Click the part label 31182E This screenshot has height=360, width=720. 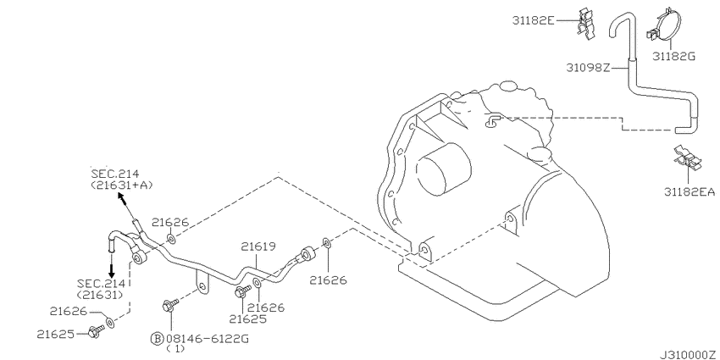534,20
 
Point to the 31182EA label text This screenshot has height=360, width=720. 690,192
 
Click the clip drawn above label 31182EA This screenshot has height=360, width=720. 688,159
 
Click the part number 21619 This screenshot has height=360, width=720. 258,247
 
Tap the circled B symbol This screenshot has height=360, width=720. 157,339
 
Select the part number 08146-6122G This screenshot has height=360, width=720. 207,339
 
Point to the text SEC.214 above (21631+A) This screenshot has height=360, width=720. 115,174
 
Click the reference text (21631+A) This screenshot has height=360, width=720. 121,185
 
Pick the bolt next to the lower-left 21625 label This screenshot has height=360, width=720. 96,330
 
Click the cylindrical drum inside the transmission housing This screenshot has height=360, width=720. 444,164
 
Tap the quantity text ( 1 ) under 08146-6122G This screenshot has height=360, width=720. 174,349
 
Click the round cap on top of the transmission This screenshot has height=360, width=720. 508,86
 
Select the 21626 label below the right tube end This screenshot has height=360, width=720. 328,280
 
